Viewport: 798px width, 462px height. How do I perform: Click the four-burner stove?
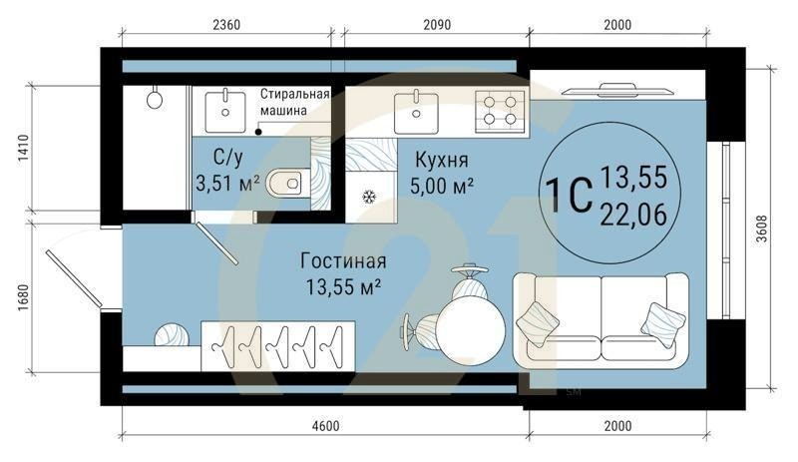click(498, 109)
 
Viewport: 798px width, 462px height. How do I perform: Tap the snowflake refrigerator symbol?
click(368, 198)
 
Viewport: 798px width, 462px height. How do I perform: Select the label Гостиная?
click(342, 262)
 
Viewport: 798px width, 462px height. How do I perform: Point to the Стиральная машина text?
click(295, 101)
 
